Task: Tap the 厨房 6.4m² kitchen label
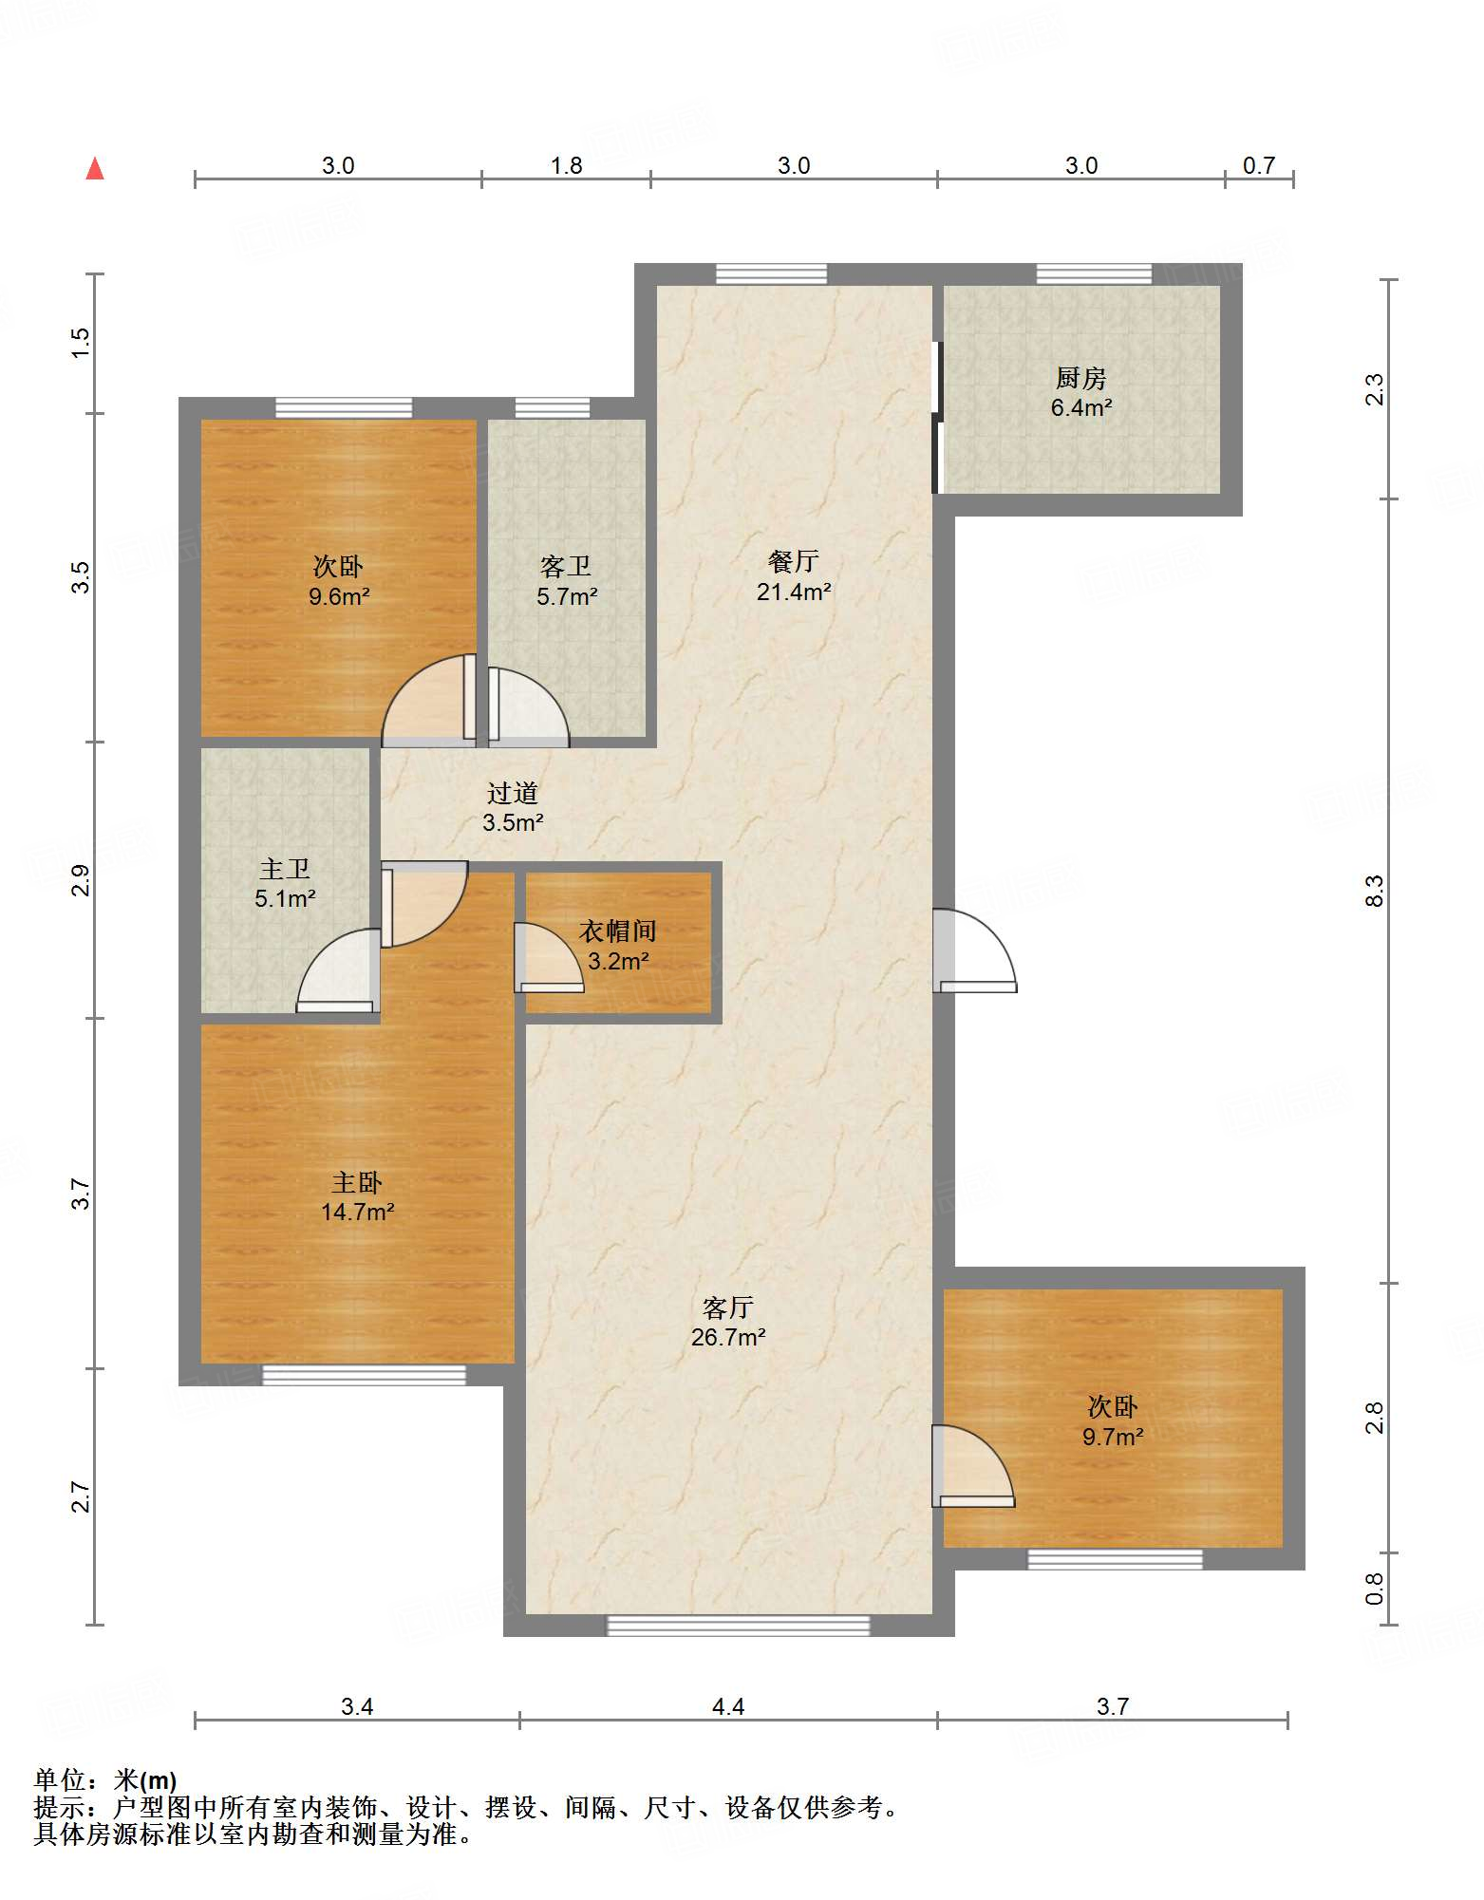[1080, 393]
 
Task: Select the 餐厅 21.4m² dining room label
[794, 576]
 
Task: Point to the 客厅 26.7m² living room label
[728, 1322]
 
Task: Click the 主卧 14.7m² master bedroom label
[357, 1196]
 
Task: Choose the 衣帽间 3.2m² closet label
[618, 946]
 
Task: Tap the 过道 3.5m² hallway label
[513, 807]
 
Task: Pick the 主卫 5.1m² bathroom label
[285, 883]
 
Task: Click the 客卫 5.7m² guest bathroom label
[567, 581]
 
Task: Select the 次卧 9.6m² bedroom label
[338, 581]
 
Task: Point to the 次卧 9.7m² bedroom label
[1113, 1421]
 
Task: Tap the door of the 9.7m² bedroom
[973, 1466]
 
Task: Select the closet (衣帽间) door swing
[549, 957]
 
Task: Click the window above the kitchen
[1094, 274]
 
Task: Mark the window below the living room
[739, 1625]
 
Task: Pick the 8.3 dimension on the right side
[1374, 892]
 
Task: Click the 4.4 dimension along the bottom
[728, 1706]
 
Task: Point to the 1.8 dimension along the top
[567, 165]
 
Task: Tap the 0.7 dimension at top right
[1259, 165]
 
